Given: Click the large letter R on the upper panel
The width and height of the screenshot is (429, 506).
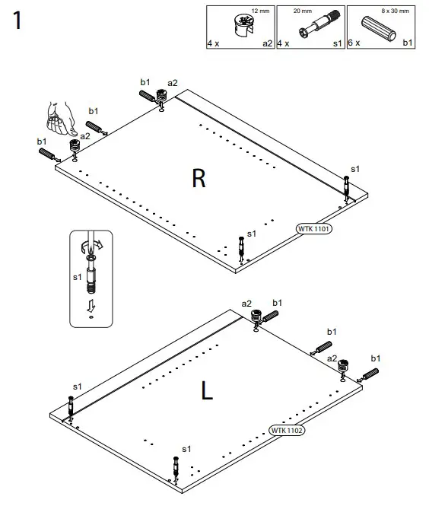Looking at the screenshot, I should pyautogui.click(x=199, y=178).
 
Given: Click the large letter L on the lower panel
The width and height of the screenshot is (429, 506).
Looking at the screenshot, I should pyautogui.click(x=206, y=391).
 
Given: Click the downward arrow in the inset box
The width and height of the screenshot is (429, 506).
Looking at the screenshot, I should pyautogui.click(x=91, y=305).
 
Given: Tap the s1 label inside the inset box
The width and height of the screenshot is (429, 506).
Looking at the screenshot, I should pyautogui.click(x=77, y=278).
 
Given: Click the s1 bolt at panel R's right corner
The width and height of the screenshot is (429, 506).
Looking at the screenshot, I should pyautogui.click(x=347, y=186).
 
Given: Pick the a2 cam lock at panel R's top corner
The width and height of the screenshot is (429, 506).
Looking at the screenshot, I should pyautogui.click(x=162, y=96).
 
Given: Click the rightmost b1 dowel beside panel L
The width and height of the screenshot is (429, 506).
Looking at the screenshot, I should pyautogui.click(x=370, y=374).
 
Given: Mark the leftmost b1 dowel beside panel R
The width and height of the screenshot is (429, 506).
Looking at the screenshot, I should pyautogui.click(x=48, y=154).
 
